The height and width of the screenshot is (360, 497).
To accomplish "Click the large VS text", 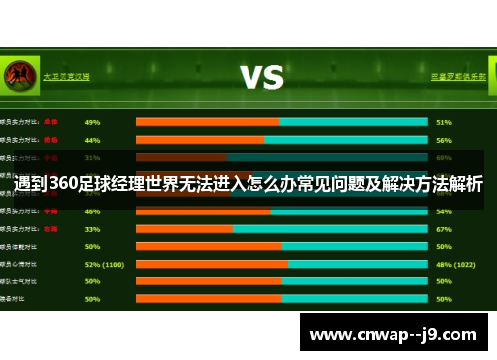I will point(261,77).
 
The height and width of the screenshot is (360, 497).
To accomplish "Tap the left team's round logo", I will point(17,75).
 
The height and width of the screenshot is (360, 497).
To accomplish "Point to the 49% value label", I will point(92,122).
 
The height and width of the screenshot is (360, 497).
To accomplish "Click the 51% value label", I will point(444,122).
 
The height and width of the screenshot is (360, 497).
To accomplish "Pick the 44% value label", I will point(92,140).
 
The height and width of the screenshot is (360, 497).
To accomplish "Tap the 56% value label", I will point(444,140).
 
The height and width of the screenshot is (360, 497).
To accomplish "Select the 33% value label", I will point(92,228).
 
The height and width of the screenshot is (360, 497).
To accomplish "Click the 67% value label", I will point(444,228).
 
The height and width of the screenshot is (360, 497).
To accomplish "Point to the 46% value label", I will point(92,211).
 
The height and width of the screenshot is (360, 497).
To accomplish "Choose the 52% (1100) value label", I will point(104,264).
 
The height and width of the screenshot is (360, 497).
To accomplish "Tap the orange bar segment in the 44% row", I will point(200,140).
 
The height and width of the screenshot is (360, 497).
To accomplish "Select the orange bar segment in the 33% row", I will point(184,228).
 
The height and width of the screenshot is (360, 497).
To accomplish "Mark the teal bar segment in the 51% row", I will point(353,122).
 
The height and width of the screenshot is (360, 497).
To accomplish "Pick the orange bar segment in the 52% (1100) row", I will point(212,264).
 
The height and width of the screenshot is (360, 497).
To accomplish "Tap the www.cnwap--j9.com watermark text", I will point(395,334).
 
